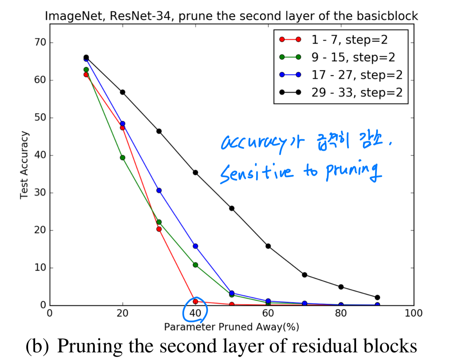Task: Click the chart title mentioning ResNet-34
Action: (231, 16)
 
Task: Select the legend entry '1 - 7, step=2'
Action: (349, 40)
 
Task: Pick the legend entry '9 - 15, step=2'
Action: (353, 57)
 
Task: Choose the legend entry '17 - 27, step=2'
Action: (357, 75)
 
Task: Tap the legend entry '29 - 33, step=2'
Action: (357, 92)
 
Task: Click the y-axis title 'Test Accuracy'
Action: (24, 165)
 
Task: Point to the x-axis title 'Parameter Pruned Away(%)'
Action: (231, 327)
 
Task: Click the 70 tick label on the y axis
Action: (40, 42)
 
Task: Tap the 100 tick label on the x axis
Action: (413, 313)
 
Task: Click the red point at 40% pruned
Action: (195, 301)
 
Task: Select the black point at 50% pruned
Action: (232, 208)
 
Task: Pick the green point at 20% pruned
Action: (122, 158)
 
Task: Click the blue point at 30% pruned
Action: (159, 190)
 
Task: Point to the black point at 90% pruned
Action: (377, 298)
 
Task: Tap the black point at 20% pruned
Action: (122, 92)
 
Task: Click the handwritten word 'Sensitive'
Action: (256, 173)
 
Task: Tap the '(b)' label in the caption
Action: (37, 346)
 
